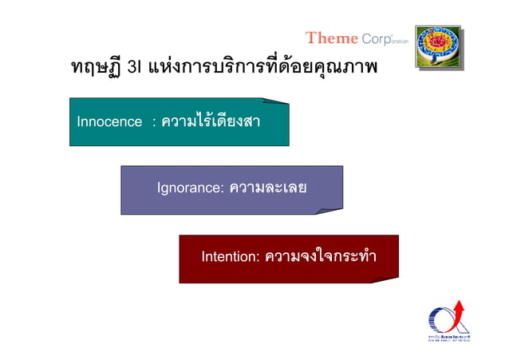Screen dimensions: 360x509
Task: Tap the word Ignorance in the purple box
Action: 189,188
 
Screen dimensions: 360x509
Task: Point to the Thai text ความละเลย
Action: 268,188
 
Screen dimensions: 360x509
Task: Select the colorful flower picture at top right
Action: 438,46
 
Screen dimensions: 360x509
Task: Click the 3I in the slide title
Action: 134,68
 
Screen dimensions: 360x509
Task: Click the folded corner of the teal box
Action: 276,103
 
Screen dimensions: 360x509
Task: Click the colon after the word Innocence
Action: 152,123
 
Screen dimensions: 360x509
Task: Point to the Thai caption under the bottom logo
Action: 448,340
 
